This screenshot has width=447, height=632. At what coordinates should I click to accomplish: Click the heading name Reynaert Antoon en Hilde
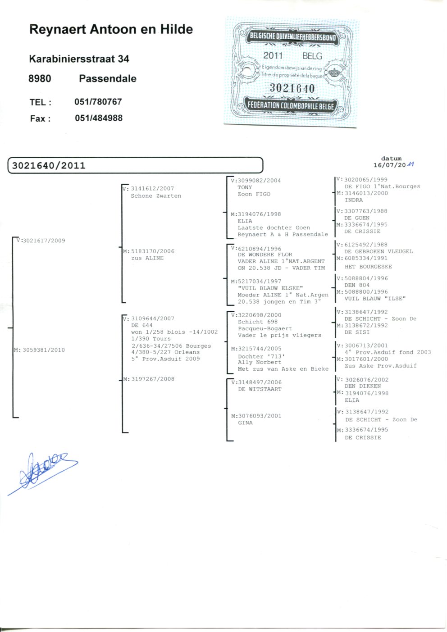[x=111, y=30]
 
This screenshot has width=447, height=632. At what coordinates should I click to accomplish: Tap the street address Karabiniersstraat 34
[x=79, y=59]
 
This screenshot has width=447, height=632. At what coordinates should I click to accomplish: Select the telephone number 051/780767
[x=98, y=101]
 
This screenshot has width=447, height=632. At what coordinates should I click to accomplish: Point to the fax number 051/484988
[x=99, y=118]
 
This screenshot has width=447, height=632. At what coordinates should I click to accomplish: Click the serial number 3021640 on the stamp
[x=292, y=88]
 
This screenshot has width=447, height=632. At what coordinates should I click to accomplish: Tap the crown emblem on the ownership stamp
[x=333, y=73]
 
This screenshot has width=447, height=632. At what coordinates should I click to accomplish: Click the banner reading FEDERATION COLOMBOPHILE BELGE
[x=291, y=106]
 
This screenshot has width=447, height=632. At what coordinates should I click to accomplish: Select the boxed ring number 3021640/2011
[x=49, y=165]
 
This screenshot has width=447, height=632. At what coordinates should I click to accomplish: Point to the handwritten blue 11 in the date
[x=411, y=164]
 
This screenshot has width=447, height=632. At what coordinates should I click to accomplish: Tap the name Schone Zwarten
[x=156, y=196]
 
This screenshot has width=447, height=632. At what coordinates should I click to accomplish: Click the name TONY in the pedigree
[x=245, y=187]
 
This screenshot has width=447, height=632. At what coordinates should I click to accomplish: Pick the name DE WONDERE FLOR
[x=265, y=255]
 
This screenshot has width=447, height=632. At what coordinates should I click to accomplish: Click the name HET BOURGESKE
[x=368, y=267]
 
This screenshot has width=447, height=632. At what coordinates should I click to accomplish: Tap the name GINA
[x=245, y=423]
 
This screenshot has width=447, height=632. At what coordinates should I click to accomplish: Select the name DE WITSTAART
[x=260, y=389]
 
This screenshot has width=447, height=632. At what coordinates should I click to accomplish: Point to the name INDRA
[x=354, y=200]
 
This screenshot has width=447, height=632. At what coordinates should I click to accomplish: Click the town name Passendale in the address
[x=108, y=78]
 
